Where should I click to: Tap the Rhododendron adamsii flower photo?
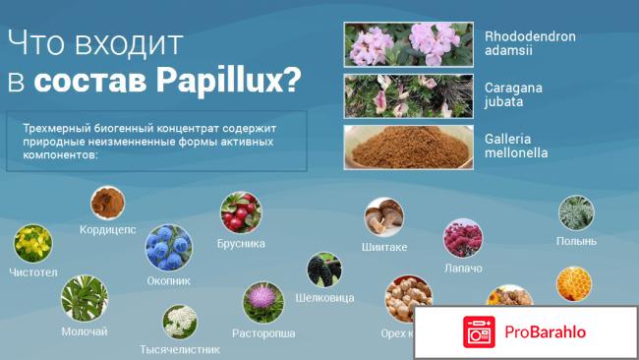coord(407,44)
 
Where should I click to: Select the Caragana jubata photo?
coord(407,94)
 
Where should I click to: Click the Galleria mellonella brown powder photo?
coord(407,146)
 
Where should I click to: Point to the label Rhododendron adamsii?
coord(530,44)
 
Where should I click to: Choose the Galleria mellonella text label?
coord(516,146)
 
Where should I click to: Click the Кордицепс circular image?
coord(108,204)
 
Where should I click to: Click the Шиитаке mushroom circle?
coord(383,217)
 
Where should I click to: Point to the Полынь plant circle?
coord(576,213)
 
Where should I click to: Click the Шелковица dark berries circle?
coord(323,270)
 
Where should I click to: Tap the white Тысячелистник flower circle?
coord(180,323)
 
